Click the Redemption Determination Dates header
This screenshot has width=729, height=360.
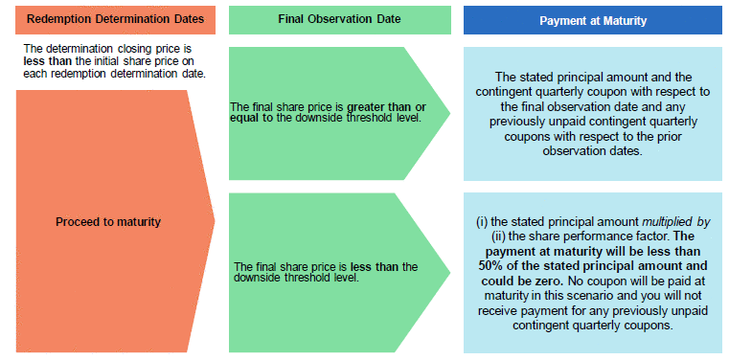[x=115, y=19]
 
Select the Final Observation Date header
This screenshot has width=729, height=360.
[x=339, y=19]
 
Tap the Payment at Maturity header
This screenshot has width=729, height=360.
[x=593, y=21]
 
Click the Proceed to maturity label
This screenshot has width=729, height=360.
[x=108, y=222]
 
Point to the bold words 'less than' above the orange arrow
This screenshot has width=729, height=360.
[x=45, y=61]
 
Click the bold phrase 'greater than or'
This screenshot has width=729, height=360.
[x=387, y=107]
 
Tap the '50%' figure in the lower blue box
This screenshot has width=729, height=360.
[x=490, y=266]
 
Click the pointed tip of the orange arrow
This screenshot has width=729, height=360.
[x=215, y=220]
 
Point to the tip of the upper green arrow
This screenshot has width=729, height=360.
[x=450, y=112]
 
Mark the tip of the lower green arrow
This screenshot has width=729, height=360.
[x=450, y=272]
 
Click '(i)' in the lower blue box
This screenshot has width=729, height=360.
[x=481, y=222]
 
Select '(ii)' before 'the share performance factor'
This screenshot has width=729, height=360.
[x=498, y=236]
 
